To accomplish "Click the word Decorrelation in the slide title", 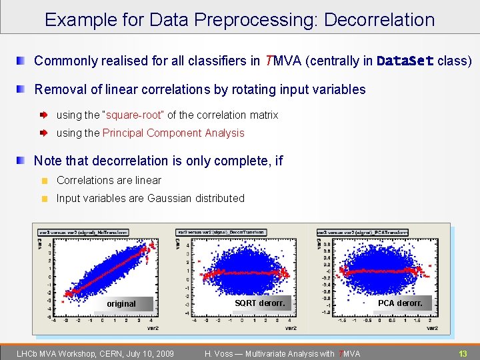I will coord(379,20).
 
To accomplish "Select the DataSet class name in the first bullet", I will coord(405,61).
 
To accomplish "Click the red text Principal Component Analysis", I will coord(173,133).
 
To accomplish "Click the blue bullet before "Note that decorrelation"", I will coord(22,161).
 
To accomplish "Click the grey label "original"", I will coord(121,304).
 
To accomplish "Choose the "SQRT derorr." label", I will coord(259,303).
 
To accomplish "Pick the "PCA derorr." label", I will coord(400,303).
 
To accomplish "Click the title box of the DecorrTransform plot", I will coord(221,233).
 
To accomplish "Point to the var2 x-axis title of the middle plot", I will coord(291,328).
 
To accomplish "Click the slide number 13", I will coord(462,353).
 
